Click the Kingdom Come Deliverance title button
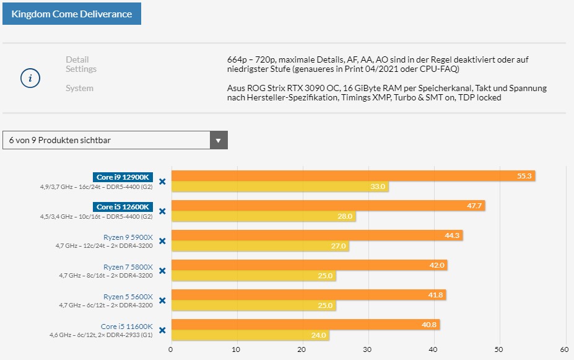coord(72,13)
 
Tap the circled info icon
coord(30,79)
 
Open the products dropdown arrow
coord(218,140)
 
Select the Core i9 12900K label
coord(124,177)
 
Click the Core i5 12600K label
coord(124,207)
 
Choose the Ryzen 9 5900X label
coord(128,237)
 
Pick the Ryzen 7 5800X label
coord(128,266)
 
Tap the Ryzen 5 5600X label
coord(128,296)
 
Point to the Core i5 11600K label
coord(126,326)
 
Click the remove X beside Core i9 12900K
coord(162,182)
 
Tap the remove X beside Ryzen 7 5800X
coord(162,271)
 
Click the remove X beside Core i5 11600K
coord(162,330)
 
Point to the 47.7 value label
coord(475,206)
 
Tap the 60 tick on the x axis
coord(564,349)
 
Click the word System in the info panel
coord(79,88)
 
